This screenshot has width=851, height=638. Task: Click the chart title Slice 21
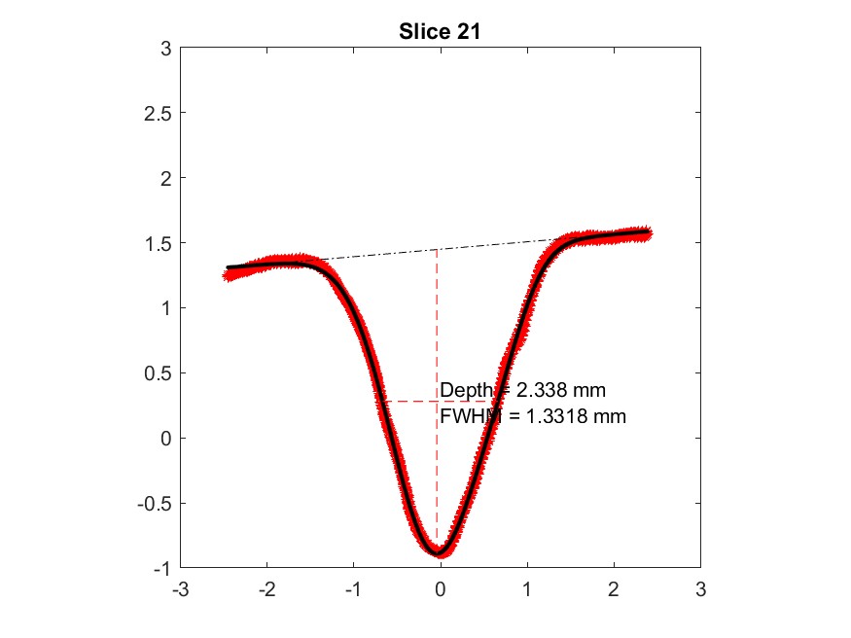click(441, 31)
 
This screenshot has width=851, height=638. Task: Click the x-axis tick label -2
click(266, 589)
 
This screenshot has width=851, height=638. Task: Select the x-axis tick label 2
click(614, 589)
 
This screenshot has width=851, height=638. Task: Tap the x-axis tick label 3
click(700, 589)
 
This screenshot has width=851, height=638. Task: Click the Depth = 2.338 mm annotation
click(523, 391)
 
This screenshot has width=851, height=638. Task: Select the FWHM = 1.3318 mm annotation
click(533, 417)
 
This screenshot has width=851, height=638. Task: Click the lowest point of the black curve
click(439, 553)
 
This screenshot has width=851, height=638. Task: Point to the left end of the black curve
click(228, 266)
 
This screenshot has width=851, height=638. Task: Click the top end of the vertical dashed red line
click(437, 250)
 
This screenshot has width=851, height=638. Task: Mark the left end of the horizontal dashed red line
click(381, 401)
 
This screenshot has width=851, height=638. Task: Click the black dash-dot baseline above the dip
click(437, 249)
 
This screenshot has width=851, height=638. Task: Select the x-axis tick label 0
click(441, 589)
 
